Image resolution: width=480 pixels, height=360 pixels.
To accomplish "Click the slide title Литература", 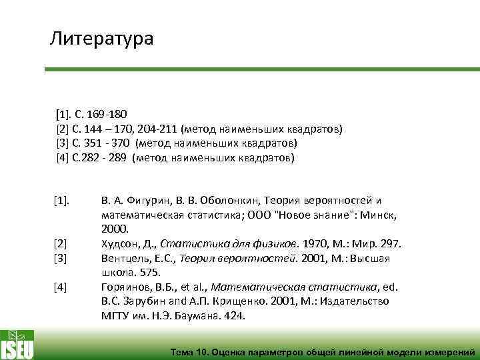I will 101,39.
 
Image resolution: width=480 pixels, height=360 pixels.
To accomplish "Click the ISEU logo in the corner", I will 17,344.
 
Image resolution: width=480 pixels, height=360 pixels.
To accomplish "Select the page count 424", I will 233,317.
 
